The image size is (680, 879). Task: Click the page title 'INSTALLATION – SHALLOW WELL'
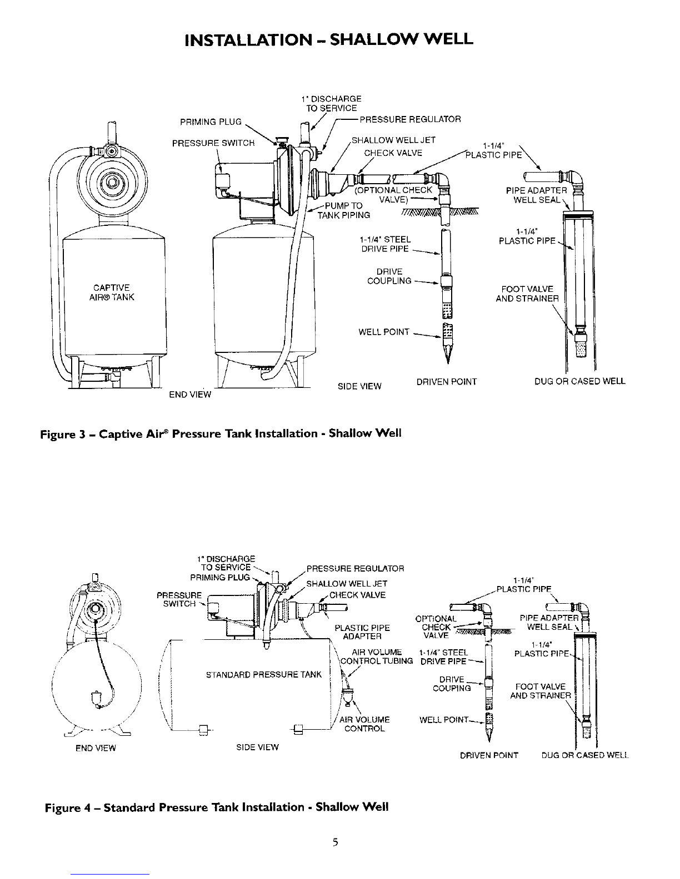[328, 39]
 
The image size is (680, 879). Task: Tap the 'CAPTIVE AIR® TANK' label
[111, 292]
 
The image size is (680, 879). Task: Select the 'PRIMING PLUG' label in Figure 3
[211, 122]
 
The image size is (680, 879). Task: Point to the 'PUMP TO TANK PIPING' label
[343, 210]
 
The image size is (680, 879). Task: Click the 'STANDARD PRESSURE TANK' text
[264, 674]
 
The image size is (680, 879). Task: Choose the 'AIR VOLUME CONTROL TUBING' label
[377, 656]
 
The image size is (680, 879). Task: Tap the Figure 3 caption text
[221, 433]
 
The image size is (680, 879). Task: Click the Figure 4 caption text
[217, 807]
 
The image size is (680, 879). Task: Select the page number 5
[336, 842]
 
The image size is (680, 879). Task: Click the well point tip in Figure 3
[448, 363]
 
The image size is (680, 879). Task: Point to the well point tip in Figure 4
[489, 741]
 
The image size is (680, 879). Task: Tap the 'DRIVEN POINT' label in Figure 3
[447, 381]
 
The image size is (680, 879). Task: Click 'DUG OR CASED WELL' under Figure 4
[585, 755]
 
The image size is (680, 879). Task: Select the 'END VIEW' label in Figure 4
[96, 748]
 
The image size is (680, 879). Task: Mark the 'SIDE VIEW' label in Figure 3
[359, 386]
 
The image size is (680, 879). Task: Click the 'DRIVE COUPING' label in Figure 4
[452, 684]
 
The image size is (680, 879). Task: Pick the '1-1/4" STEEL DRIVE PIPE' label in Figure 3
[386, 244]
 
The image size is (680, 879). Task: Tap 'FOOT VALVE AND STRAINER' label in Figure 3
[527, 294]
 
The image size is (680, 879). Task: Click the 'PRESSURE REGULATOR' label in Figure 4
[355, 568]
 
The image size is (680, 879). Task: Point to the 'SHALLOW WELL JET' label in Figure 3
[393, 140]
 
